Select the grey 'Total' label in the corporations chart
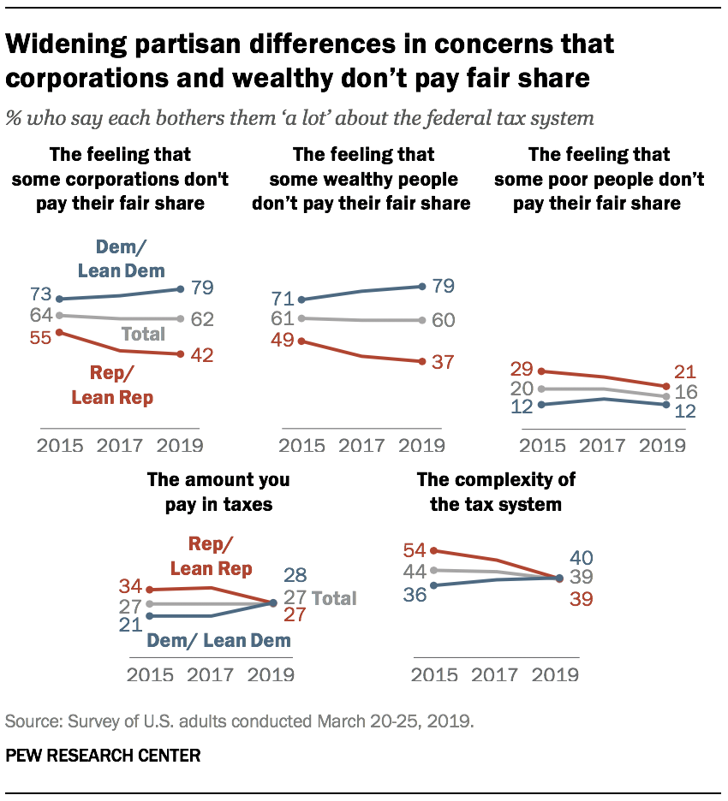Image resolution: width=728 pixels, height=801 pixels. pos(142,334)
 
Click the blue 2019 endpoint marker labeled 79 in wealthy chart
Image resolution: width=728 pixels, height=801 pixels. pos(423,286)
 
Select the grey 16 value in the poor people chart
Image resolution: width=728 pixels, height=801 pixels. pos(685,392)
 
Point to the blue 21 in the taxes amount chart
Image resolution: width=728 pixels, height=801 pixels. pos(131,626)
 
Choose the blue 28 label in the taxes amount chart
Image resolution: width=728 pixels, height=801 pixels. pos(295,575)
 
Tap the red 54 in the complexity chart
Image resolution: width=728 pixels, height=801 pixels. pos(414,549)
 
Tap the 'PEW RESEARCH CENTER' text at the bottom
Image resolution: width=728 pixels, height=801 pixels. pos(104,756)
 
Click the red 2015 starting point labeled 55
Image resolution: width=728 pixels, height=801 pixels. pos(59,332)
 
